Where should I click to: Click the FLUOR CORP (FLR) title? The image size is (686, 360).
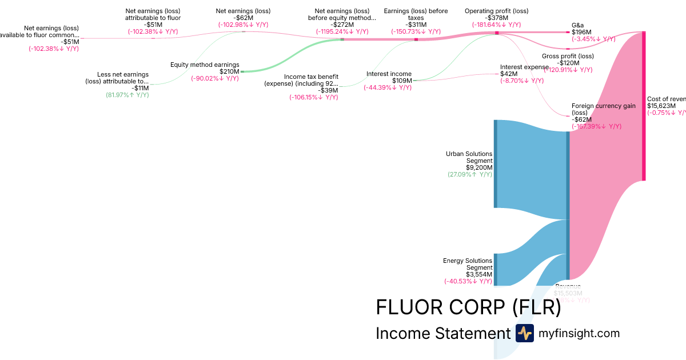coord(468,308)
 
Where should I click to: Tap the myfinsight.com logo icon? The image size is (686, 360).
coord(524,333)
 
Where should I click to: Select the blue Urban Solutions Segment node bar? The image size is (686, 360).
coord(496,164)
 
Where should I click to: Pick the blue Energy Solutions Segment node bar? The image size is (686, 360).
coord(496,269)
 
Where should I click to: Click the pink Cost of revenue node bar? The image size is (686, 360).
coord(644,106)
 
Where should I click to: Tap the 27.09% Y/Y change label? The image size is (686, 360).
coord(470,174)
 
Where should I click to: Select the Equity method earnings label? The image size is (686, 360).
coord(205,65)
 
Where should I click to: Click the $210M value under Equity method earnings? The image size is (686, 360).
coord(229,71)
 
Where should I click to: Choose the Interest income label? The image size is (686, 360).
coord(389,74)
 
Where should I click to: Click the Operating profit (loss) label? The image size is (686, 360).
coord(496,11)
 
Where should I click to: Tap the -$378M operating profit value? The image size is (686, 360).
coord(496,18)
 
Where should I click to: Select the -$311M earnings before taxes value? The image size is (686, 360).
coord(416,25)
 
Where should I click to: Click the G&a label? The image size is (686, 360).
coord(578,26)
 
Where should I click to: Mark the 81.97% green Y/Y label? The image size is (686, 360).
coord(127,95)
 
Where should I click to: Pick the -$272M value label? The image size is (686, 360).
coord(342,25)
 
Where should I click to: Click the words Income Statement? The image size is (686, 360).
coord(442,334)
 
